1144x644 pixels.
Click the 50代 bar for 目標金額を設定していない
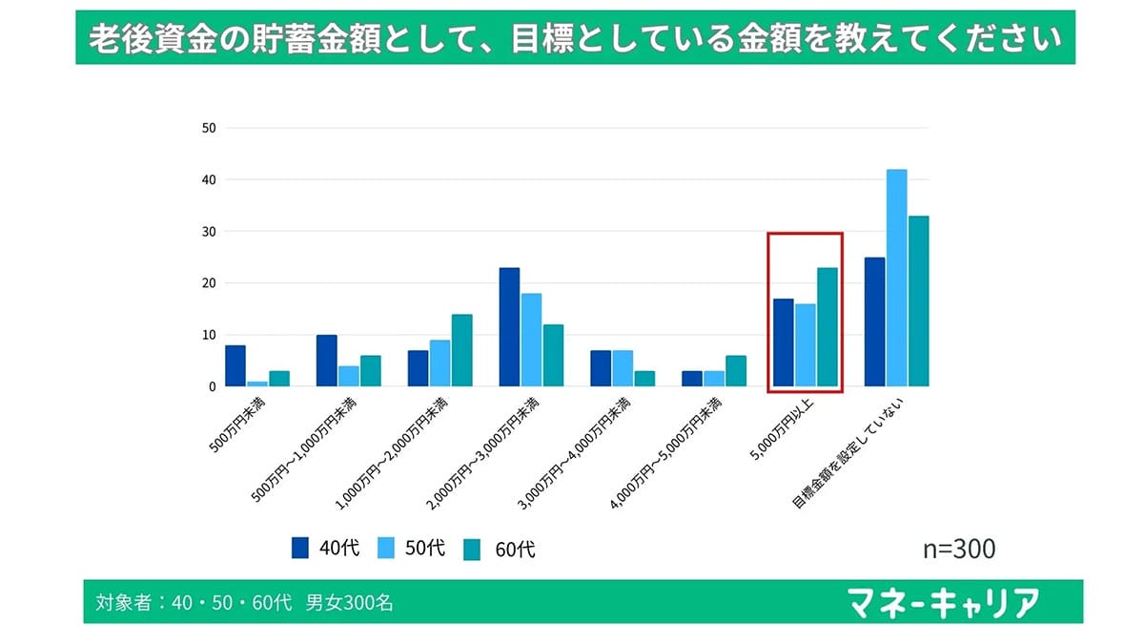tap(896, 278)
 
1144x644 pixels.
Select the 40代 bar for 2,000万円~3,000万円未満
tap(509, 327)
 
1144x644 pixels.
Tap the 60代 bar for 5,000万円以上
tap(827, 327)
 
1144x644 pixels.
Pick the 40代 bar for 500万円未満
tap(235, 365)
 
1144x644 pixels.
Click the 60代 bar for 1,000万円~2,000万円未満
tap(462, 350)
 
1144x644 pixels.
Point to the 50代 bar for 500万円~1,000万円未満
tap(348, 376)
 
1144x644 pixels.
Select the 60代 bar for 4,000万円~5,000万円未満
tap(736, 371)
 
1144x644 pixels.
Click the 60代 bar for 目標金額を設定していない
tap(918, 301)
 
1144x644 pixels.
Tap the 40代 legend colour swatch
tap(301, 548)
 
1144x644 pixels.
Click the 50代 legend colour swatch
tap(388, 548)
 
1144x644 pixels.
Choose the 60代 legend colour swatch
tap(474, 549)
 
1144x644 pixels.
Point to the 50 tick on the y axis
tap(208, 128)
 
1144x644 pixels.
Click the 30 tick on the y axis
tap(208, 232)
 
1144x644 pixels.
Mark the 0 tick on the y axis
tap(211, 386)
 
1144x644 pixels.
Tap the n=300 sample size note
tap(959, 549)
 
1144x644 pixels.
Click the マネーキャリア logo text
tap(943, 603)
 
